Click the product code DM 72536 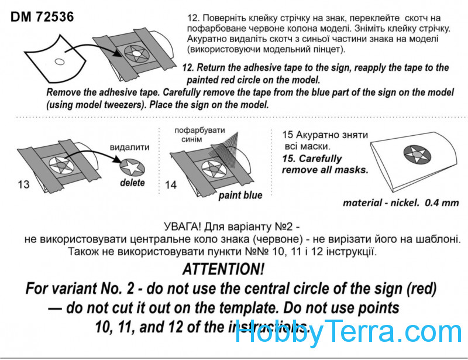tap(42, 17)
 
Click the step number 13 tap(23, 184)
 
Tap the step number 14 tap(171, 185)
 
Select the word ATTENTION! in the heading tap(223, 269)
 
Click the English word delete tap(132, 183)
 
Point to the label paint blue tap(240, 196)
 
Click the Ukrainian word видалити tap(129, 148)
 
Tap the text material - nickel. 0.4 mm tap(401, 203)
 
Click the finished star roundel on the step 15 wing tap(417, 155)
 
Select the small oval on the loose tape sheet tap(60, 62)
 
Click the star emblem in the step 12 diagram tap(136, 54)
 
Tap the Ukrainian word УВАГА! tap(182, 227)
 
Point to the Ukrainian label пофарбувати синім tap(199, 135)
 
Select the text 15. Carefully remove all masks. tap(325, 164)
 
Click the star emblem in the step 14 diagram tap(212, 169)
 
